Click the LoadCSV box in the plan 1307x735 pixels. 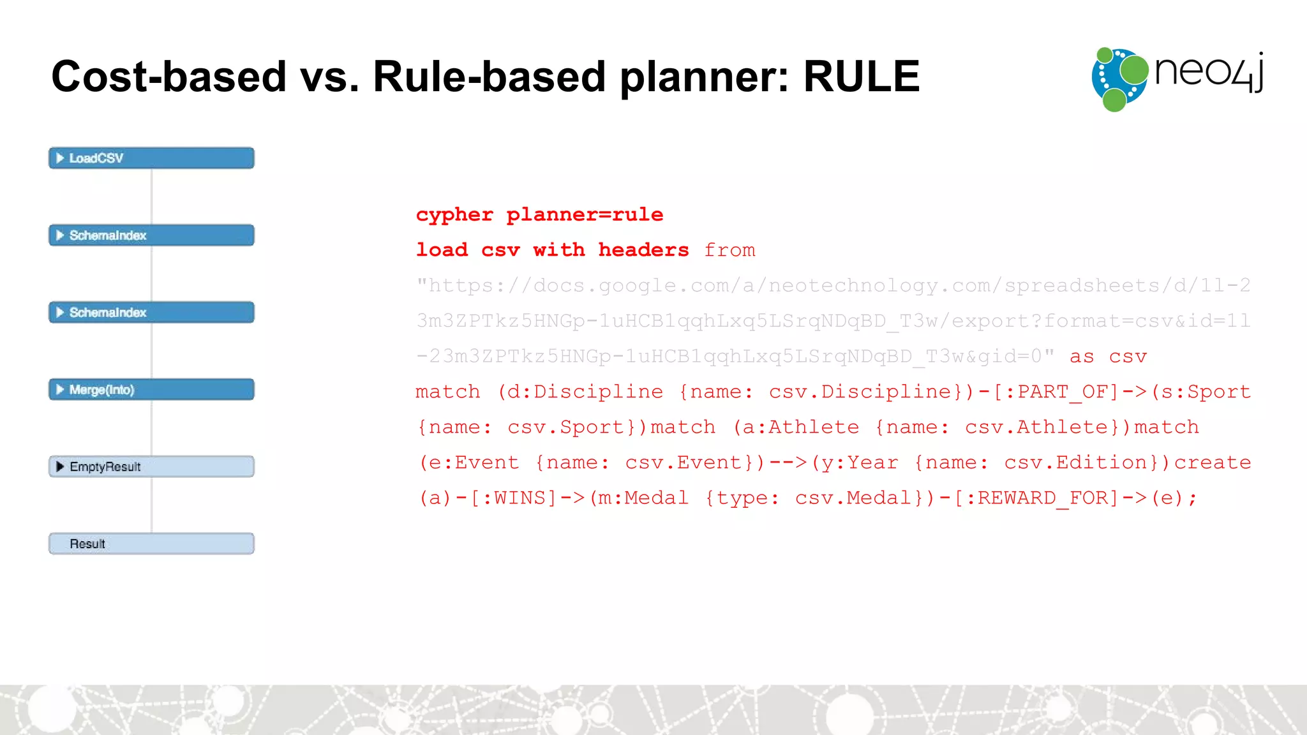click(x=151, y=158)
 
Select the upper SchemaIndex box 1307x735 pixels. click(x=151, y=235)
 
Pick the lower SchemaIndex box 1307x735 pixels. click(x=151, y=313)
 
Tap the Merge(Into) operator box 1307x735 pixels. click(x=151, y=390)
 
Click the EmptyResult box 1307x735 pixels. click(x=151, y=467)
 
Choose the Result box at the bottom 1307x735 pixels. click(x=151, y=544)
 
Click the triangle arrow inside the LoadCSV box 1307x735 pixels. click(x=60, y=158)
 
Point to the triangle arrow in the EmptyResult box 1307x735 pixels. click(x=60, y=467)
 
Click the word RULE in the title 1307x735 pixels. click(x=861, y=77)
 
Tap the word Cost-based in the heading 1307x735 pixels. click(x=168, y=77)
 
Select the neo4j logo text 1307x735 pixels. click(x=1209, y=71)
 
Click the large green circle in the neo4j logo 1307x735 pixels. click(x=1134, y=70)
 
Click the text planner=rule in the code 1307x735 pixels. click(x=585, y=215)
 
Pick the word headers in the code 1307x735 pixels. click(x=643, y=250)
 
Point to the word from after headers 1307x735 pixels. click(x=729, y=250)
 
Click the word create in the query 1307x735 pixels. click(x=1213, y=463)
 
